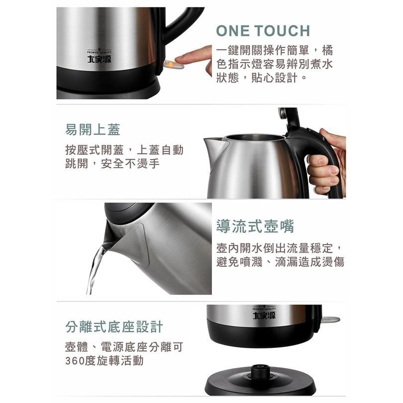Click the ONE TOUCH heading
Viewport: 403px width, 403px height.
[x=263, y=30]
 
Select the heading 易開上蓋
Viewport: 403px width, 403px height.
[x=93, y=130]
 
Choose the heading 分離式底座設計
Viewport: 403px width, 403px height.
[x=114, y=326]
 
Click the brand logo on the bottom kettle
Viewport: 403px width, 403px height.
[x=264, y=315]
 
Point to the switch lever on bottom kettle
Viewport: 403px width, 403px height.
[x=330, y=320]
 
